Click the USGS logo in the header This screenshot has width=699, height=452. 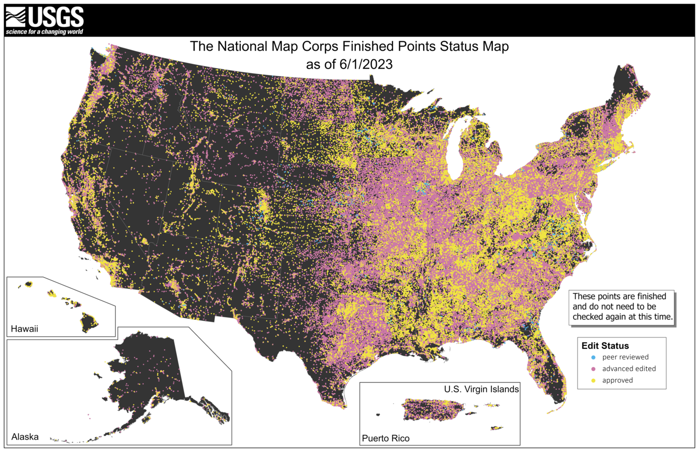[44, 17]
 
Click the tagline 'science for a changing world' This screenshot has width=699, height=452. [44, 32]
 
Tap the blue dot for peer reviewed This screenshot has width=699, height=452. [593, 357]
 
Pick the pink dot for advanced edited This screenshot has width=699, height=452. [593, 369]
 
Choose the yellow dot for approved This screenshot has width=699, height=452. [593, 380]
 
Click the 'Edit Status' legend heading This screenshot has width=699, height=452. [605, 346]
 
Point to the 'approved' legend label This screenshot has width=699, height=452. [617, 380]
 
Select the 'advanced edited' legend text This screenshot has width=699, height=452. [629, 369]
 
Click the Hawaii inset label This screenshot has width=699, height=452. [25, 329]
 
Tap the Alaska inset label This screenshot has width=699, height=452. [25, 437]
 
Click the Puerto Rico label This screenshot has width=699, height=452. [386, 438]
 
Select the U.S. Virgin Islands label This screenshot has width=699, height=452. [481, 389]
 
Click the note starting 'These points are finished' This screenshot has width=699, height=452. [622, 307]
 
